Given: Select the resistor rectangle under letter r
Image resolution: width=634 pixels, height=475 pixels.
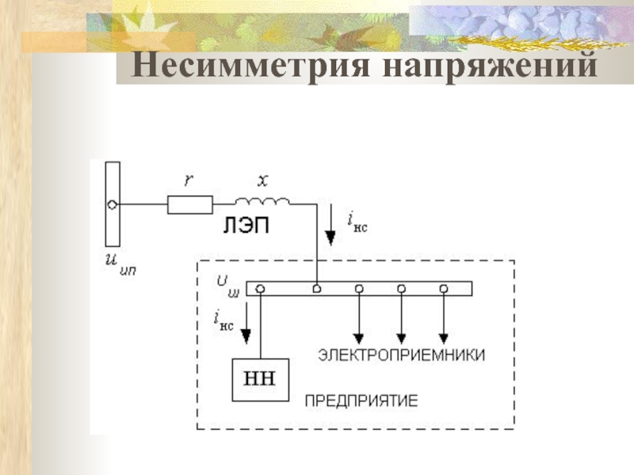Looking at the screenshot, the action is click(x=190, y=205).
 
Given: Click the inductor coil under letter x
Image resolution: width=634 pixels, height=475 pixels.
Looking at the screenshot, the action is click(x=262, y=199).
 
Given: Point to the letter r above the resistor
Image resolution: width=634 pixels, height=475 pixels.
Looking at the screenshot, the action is click(x=189, y=180).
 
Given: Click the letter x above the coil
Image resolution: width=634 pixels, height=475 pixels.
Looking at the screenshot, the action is click(x=262, y=180).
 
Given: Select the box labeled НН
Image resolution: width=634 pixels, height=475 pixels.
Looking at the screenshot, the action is click(x=260, y=378).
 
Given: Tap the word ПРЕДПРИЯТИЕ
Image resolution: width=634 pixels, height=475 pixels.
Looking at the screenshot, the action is click(x=361, y=401).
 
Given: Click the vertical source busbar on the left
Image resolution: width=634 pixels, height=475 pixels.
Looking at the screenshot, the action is click(x=113, y=205).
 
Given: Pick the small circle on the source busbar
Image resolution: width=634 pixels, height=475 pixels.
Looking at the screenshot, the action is click(x=113, y=205).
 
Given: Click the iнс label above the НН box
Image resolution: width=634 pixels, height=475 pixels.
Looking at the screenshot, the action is click(x=223, y=320).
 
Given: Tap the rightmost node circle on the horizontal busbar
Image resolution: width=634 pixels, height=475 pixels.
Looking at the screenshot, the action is click(x=444, y=288).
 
